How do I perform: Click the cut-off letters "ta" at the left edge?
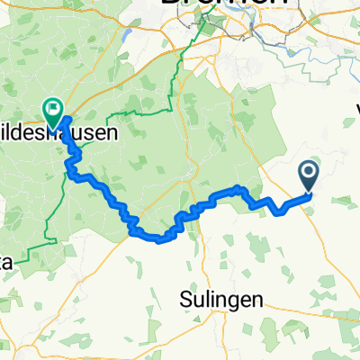point(7,262)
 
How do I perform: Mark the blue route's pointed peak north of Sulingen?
point(238,188)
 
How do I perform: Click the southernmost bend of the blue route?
point(162,239)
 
